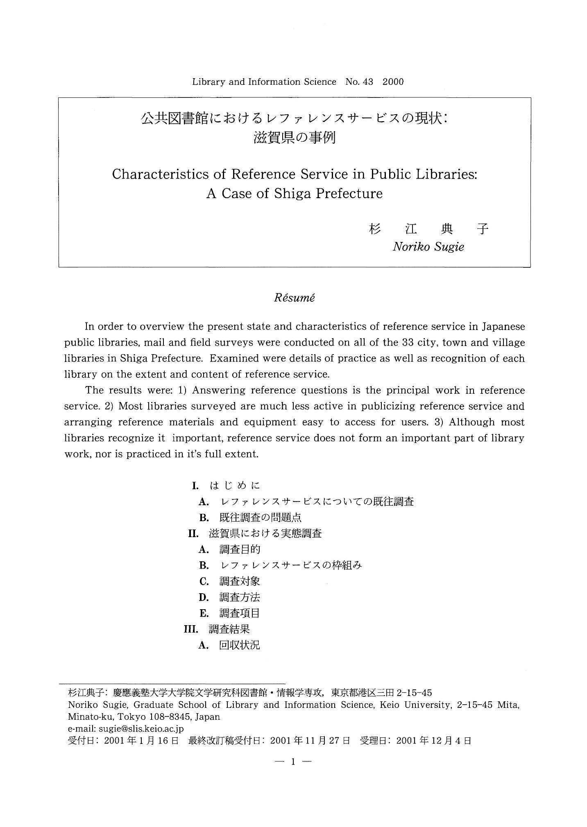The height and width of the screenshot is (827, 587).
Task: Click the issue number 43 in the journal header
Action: click(x=368, y=82)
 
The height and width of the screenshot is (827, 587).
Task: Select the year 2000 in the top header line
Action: click(x=393, y=82)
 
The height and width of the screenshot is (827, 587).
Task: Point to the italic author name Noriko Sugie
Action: click(x=428, y=247)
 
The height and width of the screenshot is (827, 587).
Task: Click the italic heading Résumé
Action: click(x=294, y=298)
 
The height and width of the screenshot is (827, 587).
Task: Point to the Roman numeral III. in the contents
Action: click(x=191, y=629)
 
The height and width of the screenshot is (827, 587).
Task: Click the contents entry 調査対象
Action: click(x=240, y=581)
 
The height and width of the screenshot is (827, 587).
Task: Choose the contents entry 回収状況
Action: click(x=240, y=646)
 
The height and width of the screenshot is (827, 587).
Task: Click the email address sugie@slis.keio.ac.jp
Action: click(x=141, y=729)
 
